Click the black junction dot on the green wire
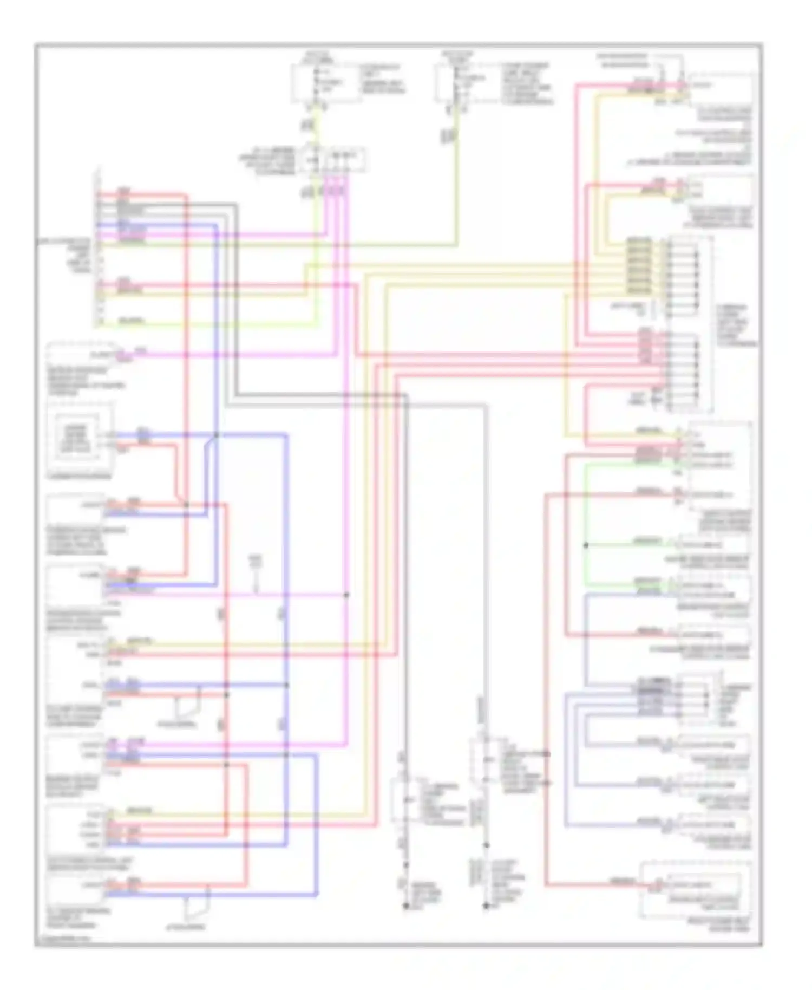(586, 545)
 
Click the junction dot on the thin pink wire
(346, 595)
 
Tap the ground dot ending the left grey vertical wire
(405, 905)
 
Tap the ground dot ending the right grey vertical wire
(486, 905)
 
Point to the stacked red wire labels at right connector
(645, 347)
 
